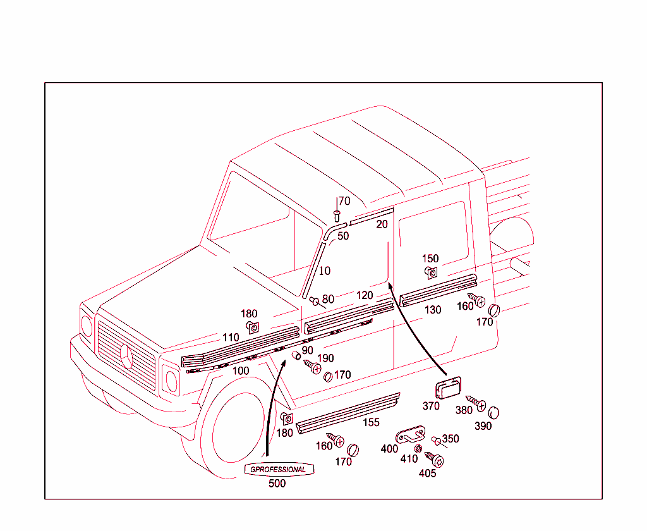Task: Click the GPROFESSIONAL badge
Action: tap(278, 470)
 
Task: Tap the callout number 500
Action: tap(277, 484)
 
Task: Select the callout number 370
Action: tap(431, 406)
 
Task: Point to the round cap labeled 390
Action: tap(494, 412)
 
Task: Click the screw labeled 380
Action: tap(477, 403)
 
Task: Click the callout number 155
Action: tap(371, 422)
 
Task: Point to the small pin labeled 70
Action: tap(337, 217)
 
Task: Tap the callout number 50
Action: tap(342, 236)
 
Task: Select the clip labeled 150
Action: tap(430, 272)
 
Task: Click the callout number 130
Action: tap(433, 310)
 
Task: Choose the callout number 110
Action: tap(231, 338)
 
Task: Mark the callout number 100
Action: tap(241, 371)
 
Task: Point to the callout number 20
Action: tap(382, 224)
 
